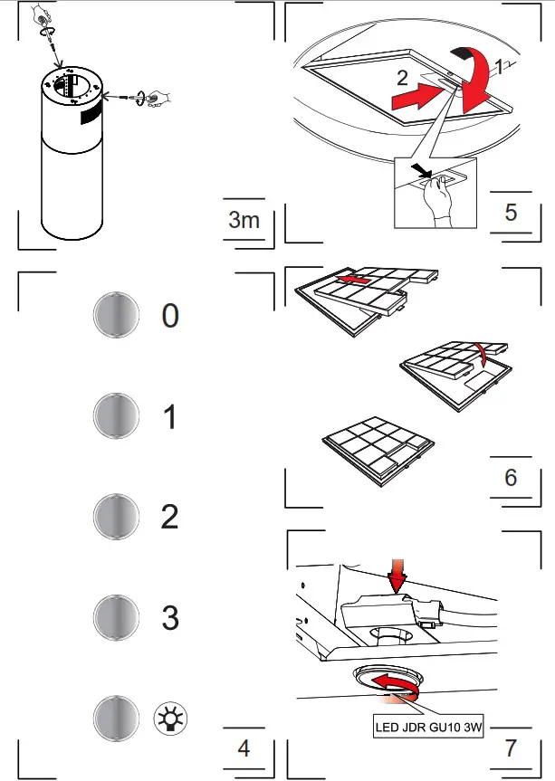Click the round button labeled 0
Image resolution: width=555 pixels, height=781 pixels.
click(116, 316)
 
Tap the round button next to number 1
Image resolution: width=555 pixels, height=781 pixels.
click(116, 416)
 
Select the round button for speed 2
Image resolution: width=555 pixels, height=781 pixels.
click(116, 517)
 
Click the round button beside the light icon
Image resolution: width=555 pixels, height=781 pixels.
click(116, 719)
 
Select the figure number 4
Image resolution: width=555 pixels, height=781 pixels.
click(243, 748)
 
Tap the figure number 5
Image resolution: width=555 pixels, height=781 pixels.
click(511, 212)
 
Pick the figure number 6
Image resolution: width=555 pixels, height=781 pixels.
click(511, 477)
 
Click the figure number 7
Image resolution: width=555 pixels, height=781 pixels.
click(511, 748)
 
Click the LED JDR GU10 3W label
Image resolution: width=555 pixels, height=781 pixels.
click(428, 726)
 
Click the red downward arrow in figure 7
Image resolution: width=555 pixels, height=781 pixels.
click(397, 574)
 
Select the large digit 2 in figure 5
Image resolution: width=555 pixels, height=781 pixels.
click(402, 79)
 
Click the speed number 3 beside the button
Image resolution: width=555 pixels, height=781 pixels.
click(170, 618)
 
